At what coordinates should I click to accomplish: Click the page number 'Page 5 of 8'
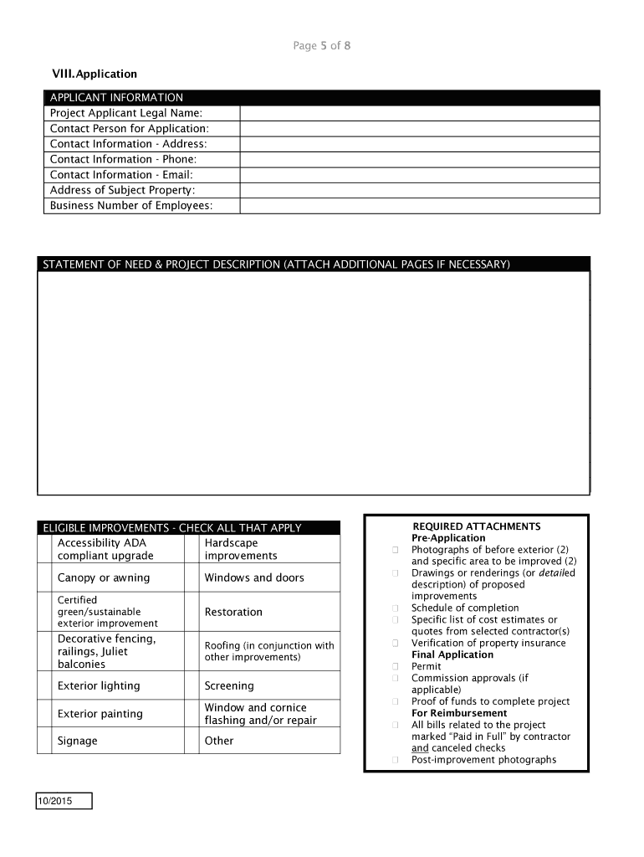point(322,46)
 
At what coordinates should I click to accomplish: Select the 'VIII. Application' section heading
point(95,74)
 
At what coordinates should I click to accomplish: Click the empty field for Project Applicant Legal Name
point(419,113)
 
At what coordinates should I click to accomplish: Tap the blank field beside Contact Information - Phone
point(419,159)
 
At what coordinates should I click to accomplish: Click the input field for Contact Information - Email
point(419,175)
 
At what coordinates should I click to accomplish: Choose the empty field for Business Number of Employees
point(419,206)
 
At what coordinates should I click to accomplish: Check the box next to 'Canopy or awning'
point(44,577)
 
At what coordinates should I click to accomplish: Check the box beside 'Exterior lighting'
point(44,685)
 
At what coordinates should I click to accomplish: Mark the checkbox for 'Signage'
point(44,741)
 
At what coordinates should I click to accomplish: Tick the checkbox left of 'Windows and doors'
point(192,577)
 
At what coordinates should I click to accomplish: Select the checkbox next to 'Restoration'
point(192,612)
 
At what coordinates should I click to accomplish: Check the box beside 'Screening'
point(192,685)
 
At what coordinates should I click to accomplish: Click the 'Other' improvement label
point(219,741)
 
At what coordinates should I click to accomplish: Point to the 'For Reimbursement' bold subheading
point(459,713)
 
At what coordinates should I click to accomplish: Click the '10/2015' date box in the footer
point(64,802)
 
